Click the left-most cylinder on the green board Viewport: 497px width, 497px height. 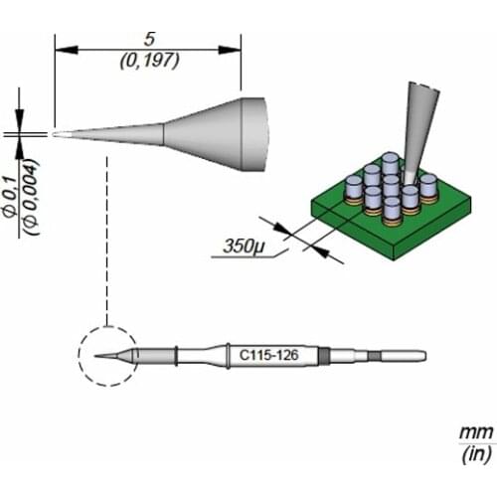tap(352, 187)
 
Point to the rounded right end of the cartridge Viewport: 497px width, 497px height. tap(421, 355)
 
